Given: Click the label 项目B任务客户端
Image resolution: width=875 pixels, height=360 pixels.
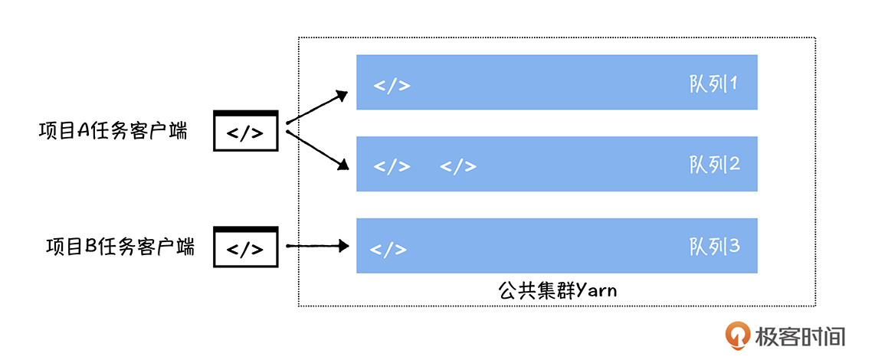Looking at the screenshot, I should tap(120, 247).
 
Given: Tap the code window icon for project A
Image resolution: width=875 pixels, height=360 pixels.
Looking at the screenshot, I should tap(245, 131).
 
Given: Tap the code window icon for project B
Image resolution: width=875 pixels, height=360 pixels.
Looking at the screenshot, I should tap(245, 247).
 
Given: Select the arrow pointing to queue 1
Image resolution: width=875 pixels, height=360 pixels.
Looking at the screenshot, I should tap(316, 108).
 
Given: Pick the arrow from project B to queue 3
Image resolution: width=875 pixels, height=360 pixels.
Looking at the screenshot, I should tap(316, 246).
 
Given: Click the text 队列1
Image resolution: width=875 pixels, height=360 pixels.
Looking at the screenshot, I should tap(713, 83).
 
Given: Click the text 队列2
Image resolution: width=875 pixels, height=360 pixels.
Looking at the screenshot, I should tap(713, 164).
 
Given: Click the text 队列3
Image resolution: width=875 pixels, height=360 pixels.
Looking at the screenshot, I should tap(713, 246).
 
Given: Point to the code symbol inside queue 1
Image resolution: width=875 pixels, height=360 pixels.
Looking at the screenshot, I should tap(392, 84).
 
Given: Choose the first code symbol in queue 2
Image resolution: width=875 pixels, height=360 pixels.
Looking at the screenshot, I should tap(392, 165).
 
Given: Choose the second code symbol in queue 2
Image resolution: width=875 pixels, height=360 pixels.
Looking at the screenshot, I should tap(458, 165).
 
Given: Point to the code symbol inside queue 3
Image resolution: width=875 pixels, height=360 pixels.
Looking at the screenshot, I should tap(388, 249).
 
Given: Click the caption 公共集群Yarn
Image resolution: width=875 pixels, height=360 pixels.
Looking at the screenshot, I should tap(557, 290).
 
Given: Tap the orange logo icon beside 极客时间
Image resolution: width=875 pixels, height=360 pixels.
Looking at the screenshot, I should tap(739, 335).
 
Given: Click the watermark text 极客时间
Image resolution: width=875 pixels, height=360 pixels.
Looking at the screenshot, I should tap(800, 335).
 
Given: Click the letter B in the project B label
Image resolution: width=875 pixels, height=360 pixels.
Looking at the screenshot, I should tap(90, 247).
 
